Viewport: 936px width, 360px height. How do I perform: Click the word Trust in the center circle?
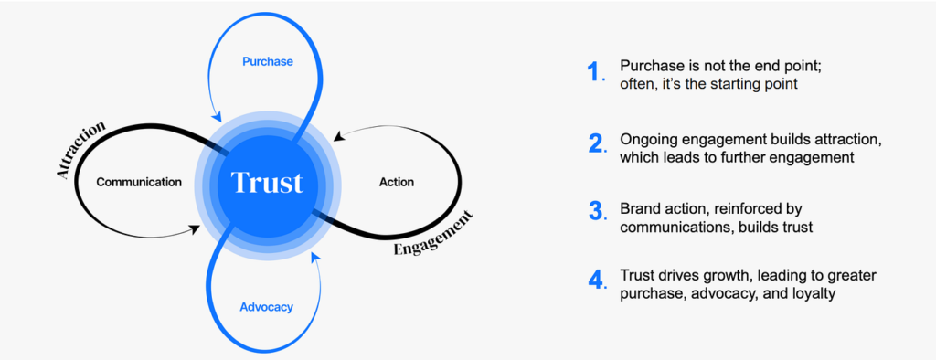267,182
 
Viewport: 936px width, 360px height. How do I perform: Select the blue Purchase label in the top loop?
268,61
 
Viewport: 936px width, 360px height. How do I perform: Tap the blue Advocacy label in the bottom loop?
266,308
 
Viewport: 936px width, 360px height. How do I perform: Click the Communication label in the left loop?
139,182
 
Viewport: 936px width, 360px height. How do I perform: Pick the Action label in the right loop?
397,182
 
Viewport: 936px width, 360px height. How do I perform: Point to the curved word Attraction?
80,149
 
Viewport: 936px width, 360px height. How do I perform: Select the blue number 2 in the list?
595,143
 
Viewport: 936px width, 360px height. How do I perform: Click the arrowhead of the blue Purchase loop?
218,116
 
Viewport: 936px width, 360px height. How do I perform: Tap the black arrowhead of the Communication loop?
195,228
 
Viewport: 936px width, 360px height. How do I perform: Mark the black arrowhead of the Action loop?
338,137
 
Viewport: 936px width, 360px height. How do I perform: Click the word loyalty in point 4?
814,293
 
